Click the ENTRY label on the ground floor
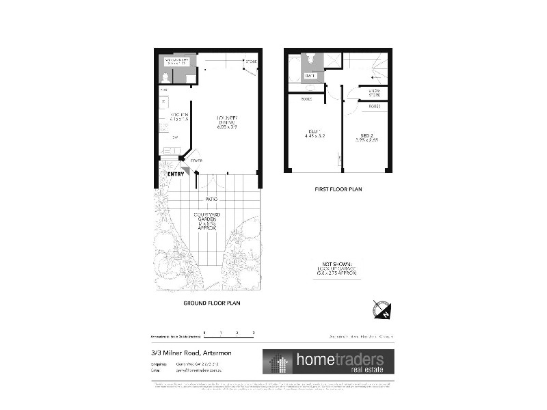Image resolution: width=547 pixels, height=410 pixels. tap(176, 174)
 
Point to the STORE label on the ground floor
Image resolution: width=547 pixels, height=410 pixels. tap(251, 62)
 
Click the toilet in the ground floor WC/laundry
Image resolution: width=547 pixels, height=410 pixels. tap(165, 77)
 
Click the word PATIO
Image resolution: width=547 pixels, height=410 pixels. tap(212, 200)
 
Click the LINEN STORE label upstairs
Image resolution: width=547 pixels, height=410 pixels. tap(375, 92)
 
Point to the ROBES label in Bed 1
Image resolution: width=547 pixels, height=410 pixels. tap(307, 99)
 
